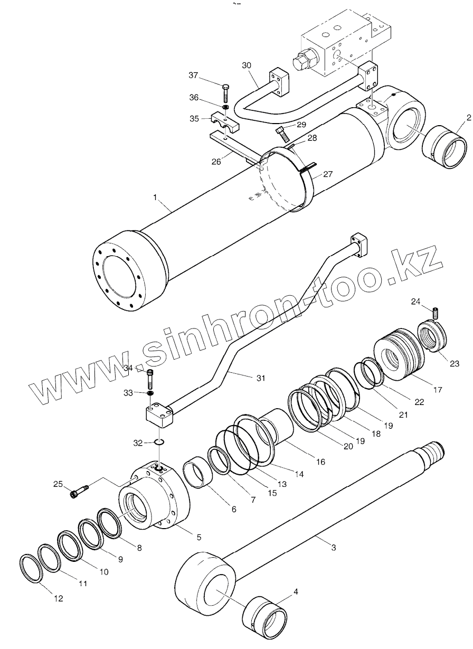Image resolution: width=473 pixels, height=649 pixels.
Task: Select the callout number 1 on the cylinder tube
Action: pyautogui.click(x=155, y=197)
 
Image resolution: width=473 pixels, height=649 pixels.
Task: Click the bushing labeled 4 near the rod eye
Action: pyautogui.click(x=265, y=617)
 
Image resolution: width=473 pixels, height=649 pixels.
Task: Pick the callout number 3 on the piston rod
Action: pyautogui.click(x=333, y=548)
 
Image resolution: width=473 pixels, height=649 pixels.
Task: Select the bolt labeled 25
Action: pyautogui.click(x=79, y=492)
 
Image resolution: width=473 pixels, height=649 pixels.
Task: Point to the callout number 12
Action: pyautogui.click(x=58, y=598)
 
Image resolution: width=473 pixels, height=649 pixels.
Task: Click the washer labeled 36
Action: pyautogui.click(x=225, y=108)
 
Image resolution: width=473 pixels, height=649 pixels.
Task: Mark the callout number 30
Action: pyautogui.click(x=247, y=65)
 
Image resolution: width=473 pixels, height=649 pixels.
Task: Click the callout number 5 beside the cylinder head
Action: pyautogui.click(x=198, y=537)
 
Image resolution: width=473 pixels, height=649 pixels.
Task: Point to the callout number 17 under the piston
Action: pyautogui.click(x=437, y=391)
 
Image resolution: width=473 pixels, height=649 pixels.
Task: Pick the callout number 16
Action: pyautogui.click(x=320, y=462)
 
